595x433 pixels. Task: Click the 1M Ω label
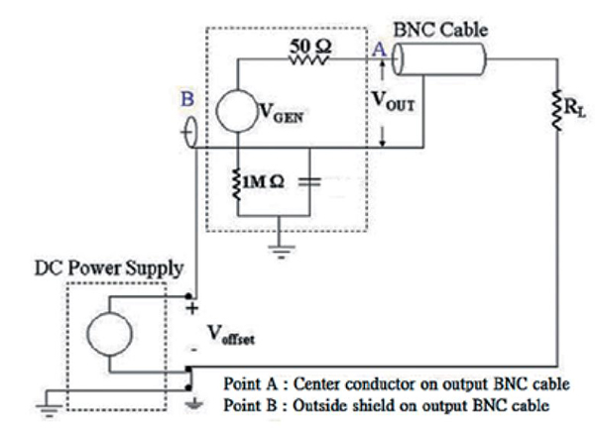[x=267, y=182]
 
